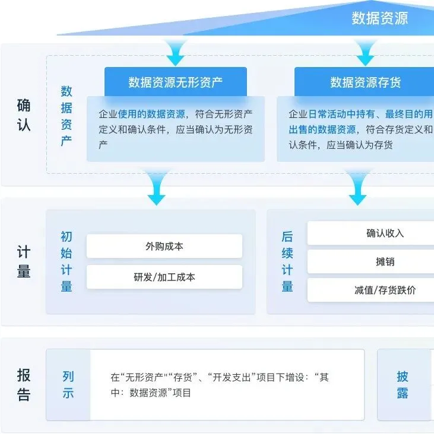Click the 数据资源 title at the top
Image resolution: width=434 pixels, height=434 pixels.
click(x=379, y=18)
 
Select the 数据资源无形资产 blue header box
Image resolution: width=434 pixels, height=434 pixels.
click(x=176, y=82)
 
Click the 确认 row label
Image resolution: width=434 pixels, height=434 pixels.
click(x=24, y=116)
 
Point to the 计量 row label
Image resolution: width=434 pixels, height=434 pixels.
click(x=24, y=261)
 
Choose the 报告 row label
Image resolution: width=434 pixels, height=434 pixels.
click(x=24, y=385)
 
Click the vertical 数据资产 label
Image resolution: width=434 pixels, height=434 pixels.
click(x=66, y=116)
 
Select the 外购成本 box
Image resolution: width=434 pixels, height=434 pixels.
click(x=164, y=246)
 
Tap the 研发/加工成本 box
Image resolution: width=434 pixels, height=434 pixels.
click(x=164, y=277)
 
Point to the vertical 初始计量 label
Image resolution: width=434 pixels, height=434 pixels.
click(x=66, y=261)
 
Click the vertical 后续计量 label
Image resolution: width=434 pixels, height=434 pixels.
click(x=287, y=261)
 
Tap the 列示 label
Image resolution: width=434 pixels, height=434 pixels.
click(x=68, y=385)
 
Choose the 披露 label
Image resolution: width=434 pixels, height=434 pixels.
click(x=403, y=385)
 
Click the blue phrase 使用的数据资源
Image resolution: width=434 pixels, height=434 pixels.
click(x=152, y=114)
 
